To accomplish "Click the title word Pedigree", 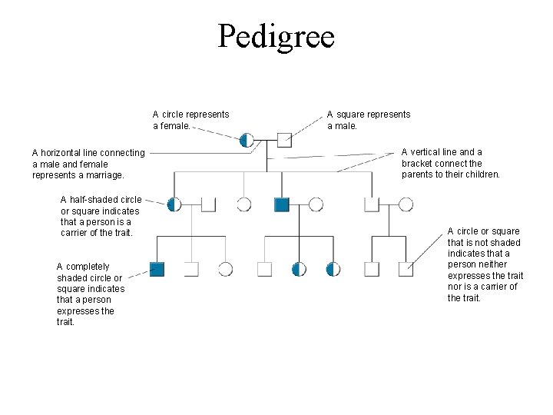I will [276, 36].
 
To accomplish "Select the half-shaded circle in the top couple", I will [247, 139].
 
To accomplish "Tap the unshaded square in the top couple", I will [284, 139].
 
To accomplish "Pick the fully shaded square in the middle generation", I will [282, 204].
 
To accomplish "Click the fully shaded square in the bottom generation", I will [157, 268].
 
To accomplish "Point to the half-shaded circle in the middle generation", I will [175, 204].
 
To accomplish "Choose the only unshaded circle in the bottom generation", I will [225, 268].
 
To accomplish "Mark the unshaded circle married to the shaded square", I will [316, 204].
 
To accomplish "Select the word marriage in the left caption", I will [105, 175].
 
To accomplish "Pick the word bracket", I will [419, 164].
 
